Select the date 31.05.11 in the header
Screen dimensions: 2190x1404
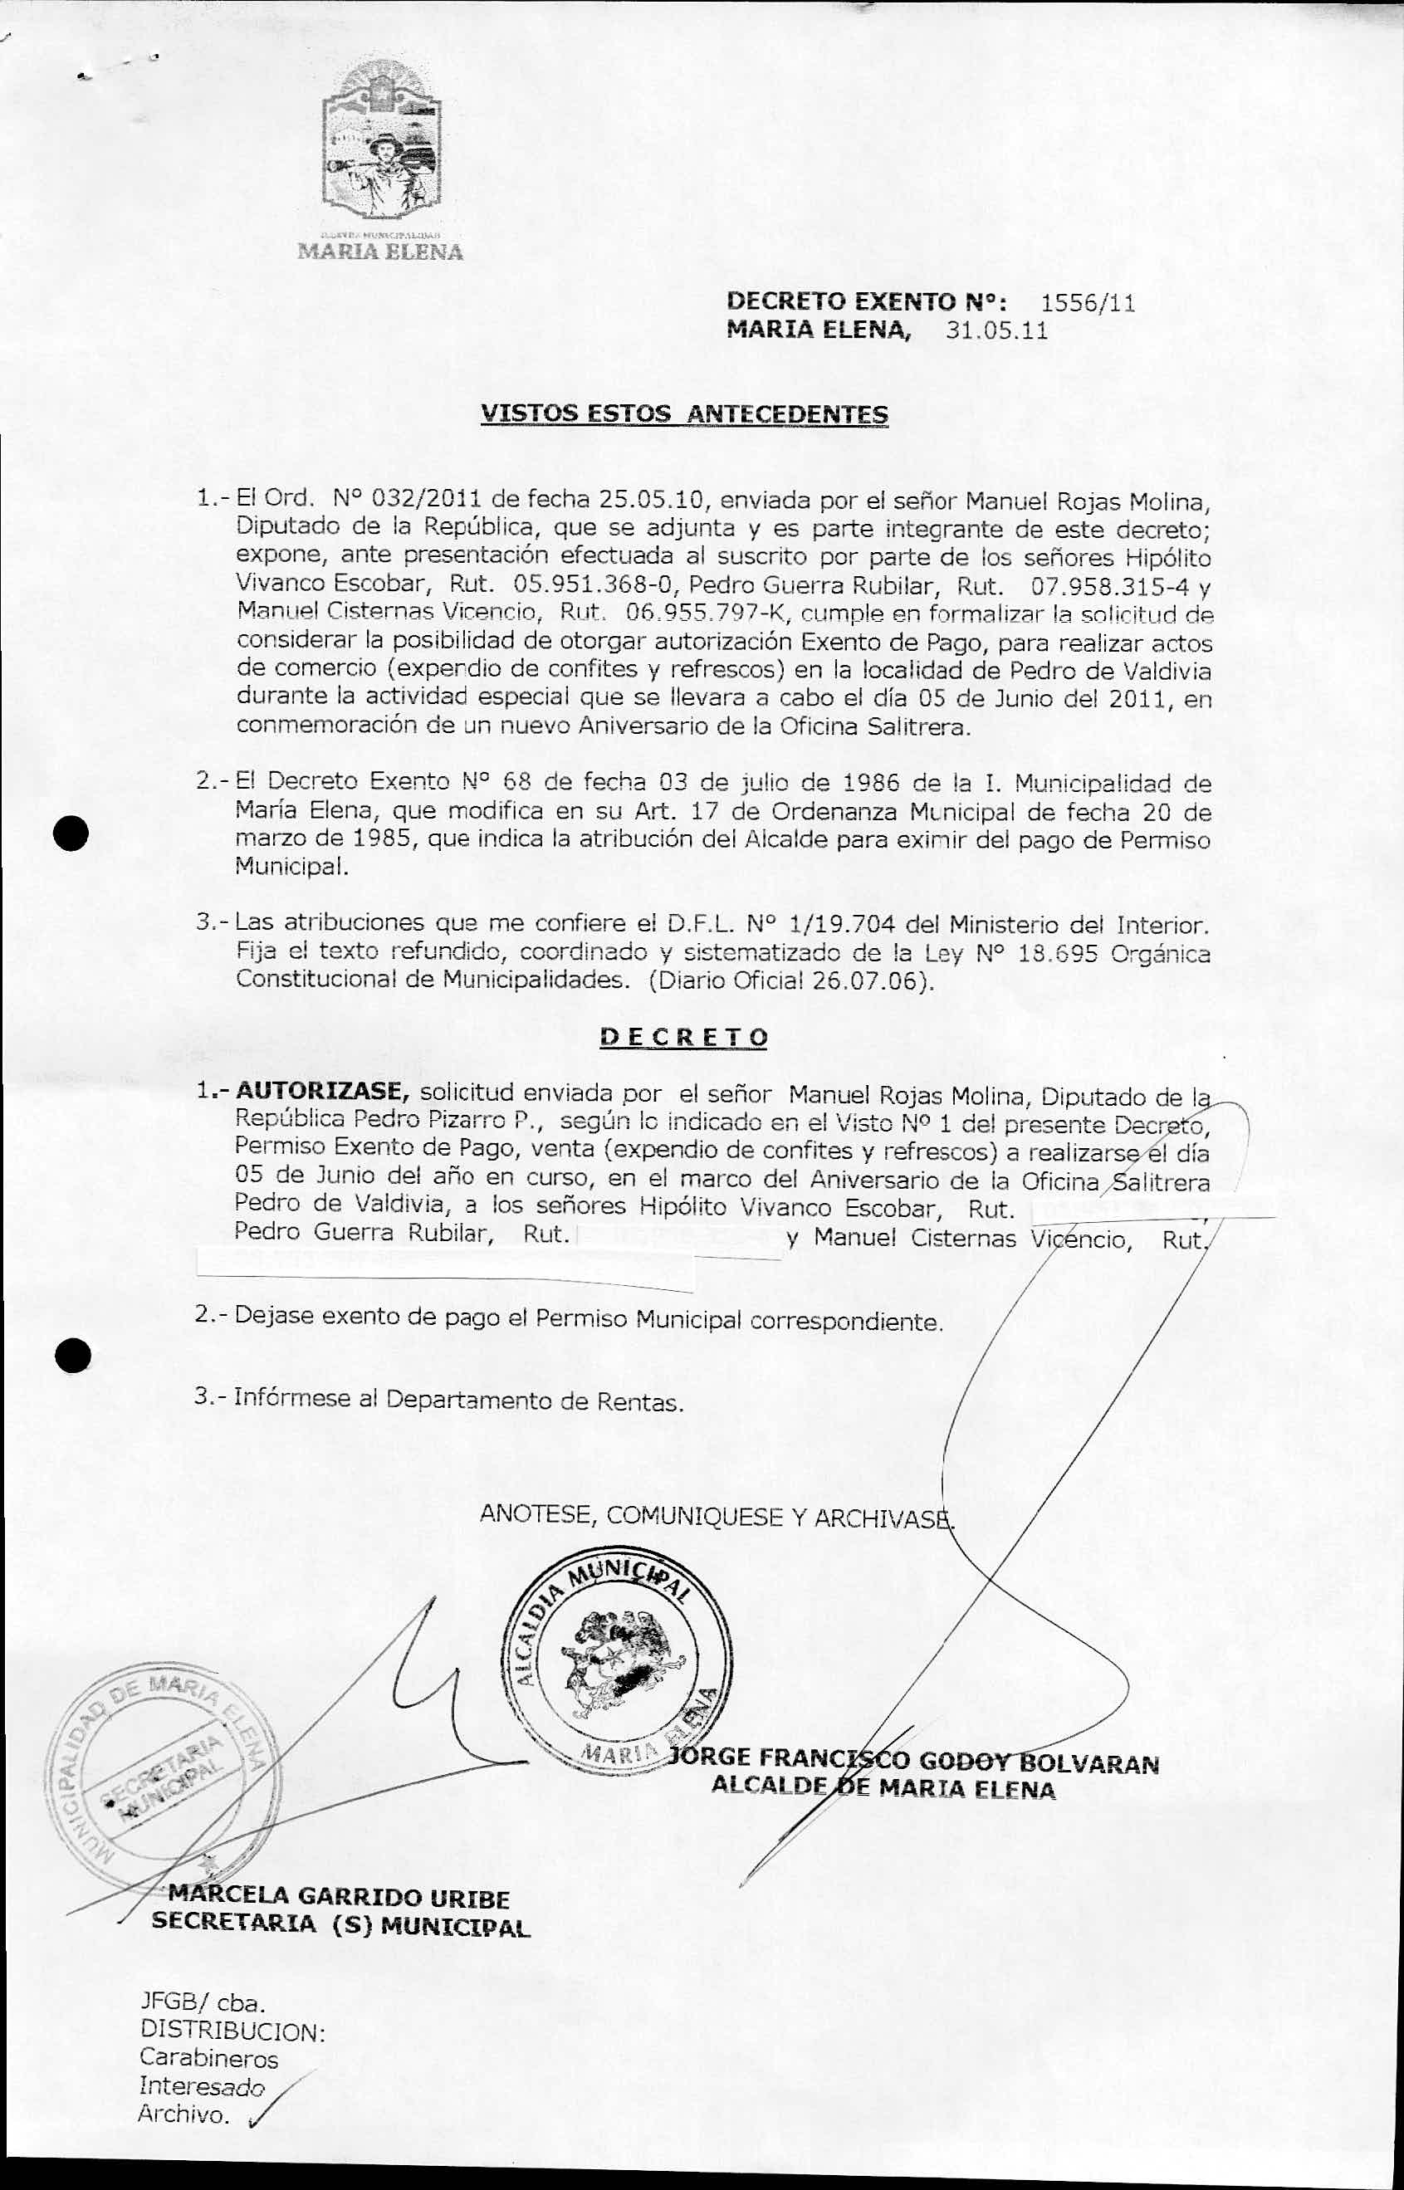(996, 330)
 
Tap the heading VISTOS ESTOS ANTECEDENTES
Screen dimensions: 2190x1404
(684, 414)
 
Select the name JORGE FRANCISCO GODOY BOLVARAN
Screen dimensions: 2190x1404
(913, 1761)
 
